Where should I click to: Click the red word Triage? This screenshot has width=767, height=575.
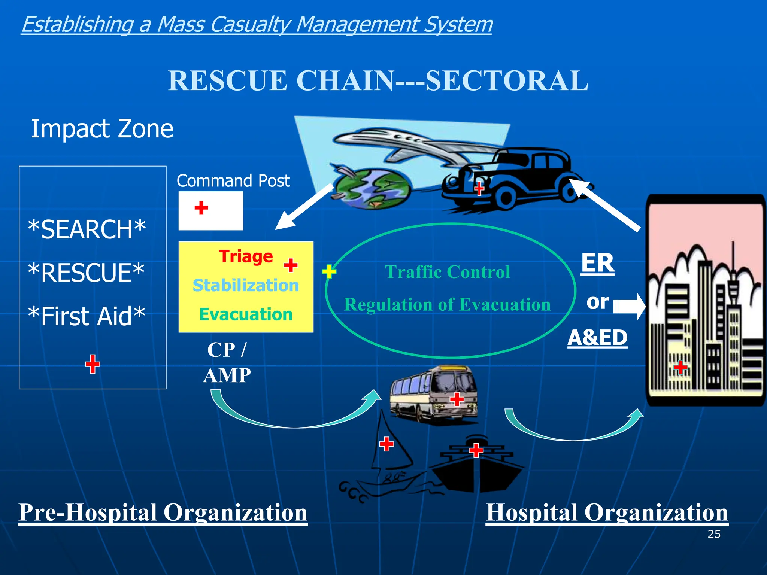(x=246, y=257)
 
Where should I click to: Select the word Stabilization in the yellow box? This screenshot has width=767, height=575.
(x=246, y=286)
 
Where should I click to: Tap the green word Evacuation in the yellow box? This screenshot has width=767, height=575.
(x=246, y=314)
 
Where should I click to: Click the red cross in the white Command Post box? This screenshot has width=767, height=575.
(x=201, y=207)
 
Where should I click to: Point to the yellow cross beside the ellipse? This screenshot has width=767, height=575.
(x=329, y=271)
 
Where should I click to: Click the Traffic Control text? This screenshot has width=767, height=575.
(x=447, y=272)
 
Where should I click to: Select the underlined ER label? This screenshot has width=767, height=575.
(x=597, y=263)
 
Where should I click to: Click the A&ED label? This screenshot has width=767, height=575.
(x=597, y=338)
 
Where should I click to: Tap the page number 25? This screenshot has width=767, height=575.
(x=714, y=534)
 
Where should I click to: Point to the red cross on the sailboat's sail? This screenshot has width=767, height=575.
(x=386, y=444)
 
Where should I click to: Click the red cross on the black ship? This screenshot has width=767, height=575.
(x=476, y=450)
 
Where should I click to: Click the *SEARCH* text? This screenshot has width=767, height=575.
(x=87, y=229)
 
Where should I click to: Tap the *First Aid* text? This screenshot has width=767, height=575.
(x=87, y=316)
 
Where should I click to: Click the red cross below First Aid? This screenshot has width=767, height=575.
(x=93, y=364)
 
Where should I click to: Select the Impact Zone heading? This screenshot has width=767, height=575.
(x=102, y=129)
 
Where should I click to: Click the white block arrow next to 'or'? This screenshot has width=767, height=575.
(x=629, y=307)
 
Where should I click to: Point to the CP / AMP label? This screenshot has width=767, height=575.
(x=227, y=362)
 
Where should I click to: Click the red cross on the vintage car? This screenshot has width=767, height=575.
(x=479, y=188)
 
